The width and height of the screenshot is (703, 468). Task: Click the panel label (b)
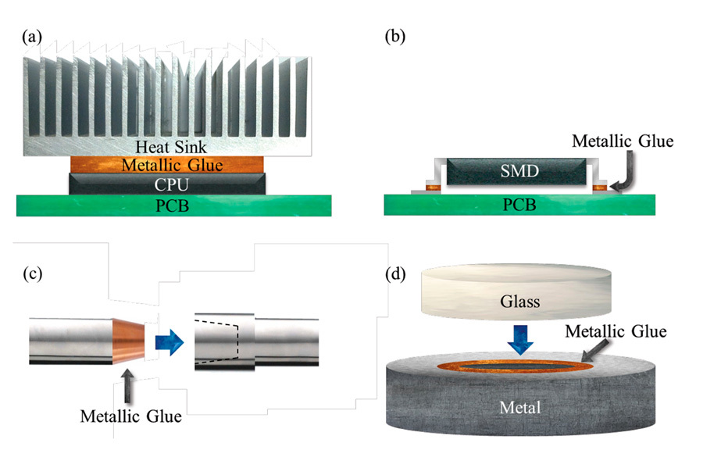pos(398,36)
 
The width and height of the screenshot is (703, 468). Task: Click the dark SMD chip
pos(516,171)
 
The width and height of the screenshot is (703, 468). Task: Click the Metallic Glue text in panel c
pos(131,416)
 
